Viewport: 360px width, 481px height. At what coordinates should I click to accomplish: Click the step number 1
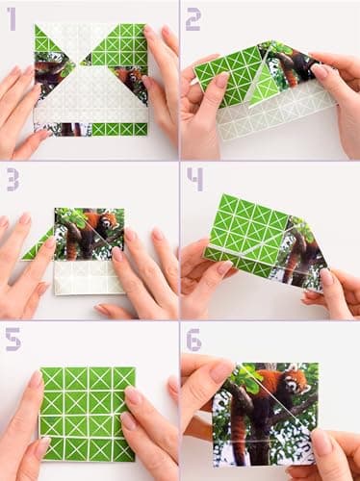coord(12,16)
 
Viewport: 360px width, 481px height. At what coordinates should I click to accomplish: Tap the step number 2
coord(193,17)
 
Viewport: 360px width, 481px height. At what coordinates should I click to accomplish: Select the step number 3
coord(12,179)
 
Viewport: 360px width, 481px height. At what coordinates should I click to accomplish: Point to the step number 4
coord(194,179)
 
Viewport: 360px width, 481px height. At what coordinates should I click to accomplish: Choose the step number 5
coord(12,339)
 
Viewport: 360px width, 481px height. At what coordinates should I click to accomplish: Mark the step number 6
coord(193,339)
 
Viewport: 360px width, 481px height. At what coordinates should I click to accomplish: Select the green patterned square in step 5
coord(87,412)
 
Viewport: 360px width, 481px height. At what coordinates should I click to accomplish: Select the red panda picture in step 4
coord(303,255)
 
